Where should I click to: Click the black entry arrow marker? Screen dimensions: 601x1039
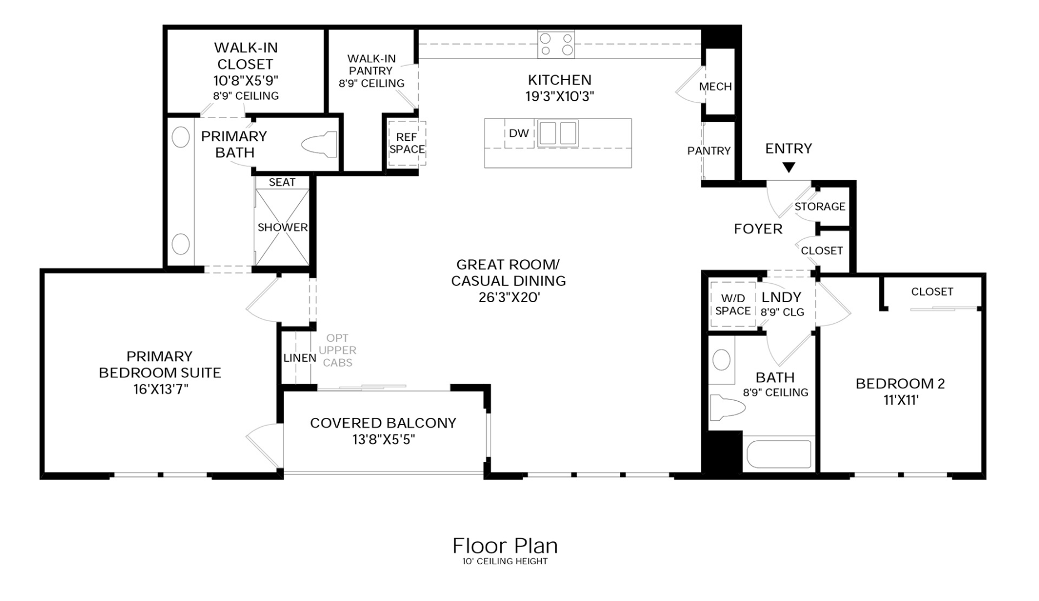point(788,167)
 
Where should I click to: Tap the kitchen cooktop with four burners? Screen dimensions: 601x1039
point(556,45)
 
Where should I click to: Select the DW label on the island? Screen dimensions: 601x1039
point(518,133)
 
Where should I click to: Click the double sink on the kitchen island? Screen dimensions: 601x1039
point(558,134)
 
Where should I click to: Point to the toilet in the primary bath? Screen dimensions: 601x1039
point(320,145)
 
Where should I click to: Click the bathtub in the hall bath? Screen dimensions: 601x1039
point(778,454)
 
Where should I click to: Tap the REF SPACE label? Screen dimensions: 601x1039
point(407,144)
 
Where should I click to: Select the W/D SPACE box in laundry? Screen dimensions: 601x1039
point(733,304)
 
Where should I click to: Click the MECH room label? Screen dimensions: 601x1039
point(715,87)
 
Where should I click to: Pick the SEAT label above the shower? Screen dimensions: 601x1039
point(282,183)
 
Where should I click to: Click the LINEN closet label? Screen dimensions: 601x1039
point(299,358)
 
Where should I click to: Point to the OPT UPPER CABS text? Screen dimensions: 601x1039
point(338,351)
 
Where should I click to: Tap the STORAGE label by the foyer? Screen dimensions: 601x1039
point(819,206)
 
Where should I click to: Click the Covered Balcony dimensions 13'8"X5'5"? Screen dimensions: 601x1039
point(383,440)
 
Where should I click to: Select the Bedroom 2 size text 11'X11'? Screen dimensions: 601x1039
point(901,400)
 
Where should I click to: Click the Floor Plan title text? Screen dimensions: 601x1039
point(504,546)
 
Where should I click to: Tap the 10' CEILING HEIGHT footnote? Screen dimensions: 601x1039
point(504,561)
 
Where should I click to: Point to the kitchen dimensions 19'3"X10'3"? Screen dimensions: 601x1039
point(560,96)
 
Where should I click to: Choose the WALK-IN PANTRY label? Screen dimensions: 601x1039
point(371,71)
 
